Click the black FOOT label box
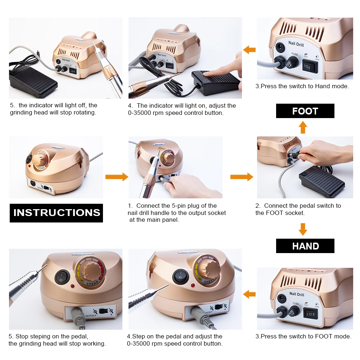(305, 111)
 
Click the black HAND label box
(305, 246)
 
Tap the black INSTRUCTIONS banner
(56, 213)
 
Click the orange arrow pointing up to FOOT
(303, 127)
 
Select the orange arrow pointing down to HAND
(303, 229)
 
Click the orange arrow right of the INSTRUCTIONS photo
(117, 177)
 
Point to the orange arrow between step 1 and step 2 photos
(242, 177)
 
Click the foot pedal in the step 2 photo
(321, 182)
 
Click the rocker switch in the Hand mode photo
(310, 66)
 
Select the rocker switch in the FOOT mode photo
(310, 314)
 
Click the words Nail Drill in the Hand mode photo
(296, 44)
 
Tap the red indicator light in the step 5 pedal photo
(72, 286)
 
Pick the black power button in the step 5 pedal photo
(62, 277)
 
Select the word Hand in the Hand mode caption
(322, 86)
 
